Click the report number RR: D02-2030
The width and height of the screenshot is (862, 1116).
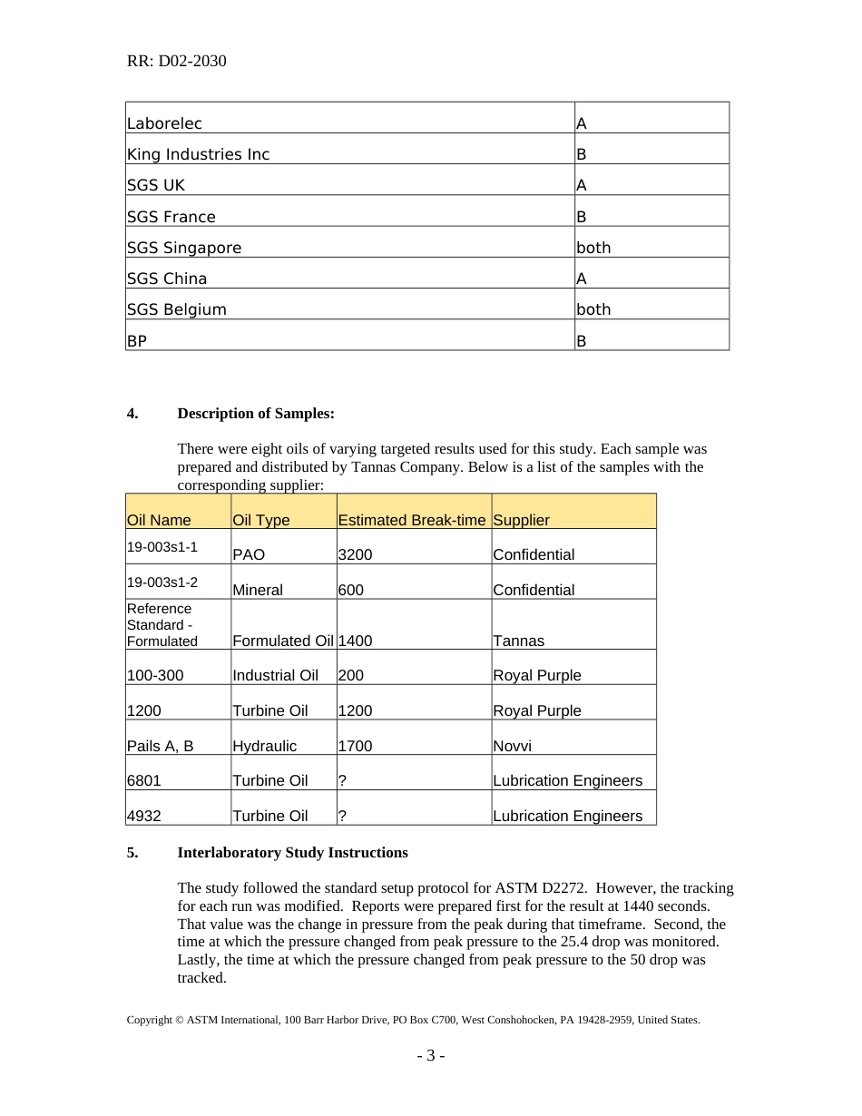pyautogui.click(x=176, y=62)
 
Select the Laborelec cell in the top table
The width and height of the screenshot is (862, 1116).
pyautogui.click(x=164, y=123)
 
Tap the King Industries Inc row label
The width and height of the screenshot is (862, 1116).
pyautogui.click(x=198, y=154)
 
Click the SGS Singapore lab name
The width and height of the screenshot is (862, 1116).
pyautogui.click(x=184, y=248)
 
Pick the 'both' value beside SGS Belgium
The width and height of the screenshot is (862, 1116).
pyautogui.click(x=593, y=309)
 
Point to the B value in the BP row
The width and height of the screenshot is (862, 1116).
pyautogui.click(x=582, y=341)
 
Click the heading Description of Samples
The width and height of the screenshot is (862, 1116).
pyautogui.click(x=256, y=414)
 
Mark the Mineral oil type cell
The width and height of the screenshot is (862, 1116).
pyautogui.click(x=258, y=590)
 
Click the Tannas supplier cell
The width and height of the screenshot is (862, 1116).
pyautogui.click(x=518, y=641)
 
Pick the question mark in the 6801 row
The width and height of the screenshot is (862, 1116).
pyautogui.click(x=342, y=780)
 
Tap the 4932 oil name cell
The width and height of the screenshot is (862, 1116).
pyautogui.click(x=144, y=816)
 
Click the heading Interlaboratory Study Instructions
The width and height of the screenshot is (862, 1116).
pyautogui.click(x=292, y=853)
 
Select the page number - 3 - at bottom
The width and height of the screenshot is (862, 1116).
pyautogui.click(x=430, y=1056)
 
